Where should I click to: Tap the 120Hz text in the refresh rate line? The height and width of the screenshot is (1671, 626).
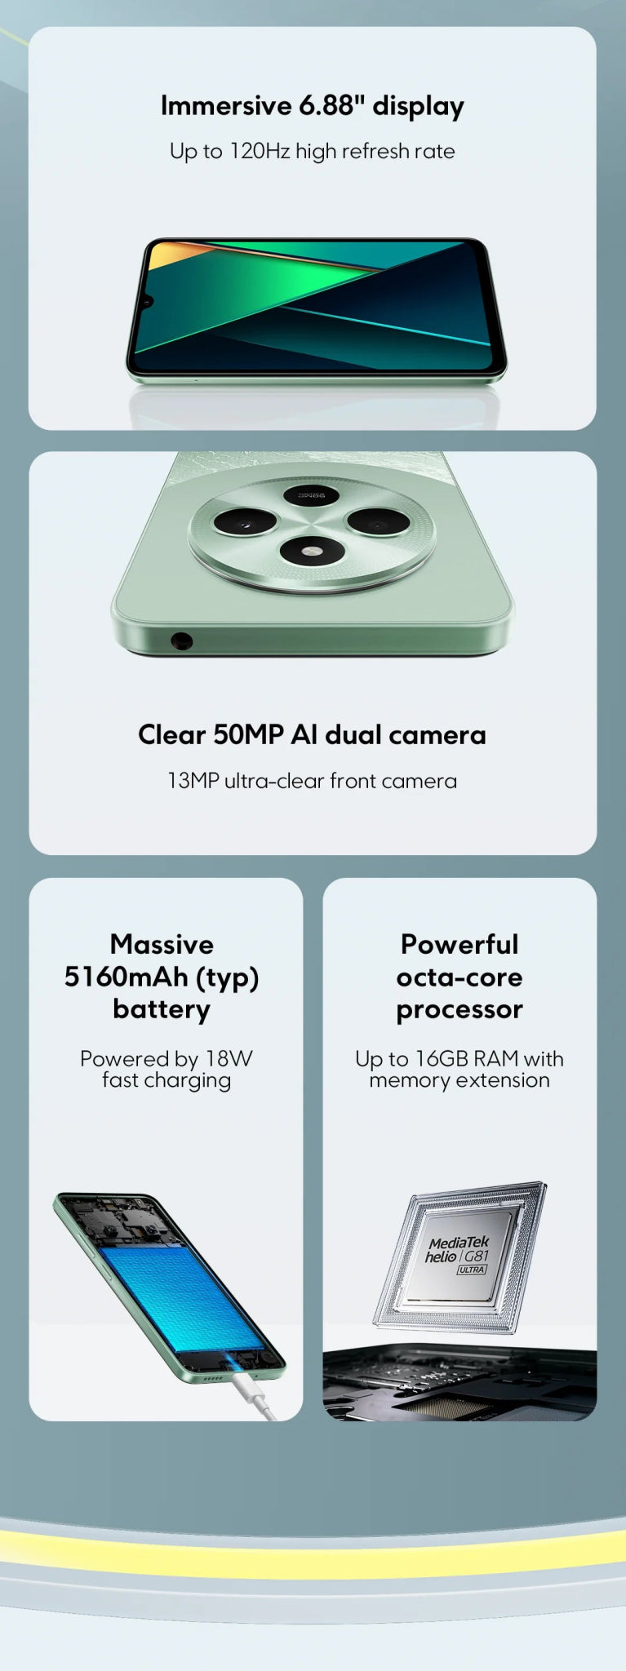(x=260, y=151)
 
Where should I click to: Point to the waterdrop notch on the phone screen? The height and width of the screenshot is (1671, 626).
(x=148, y=303)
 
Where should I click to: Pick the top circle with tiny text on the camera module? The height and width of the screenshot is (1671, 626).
(x=312, y=495)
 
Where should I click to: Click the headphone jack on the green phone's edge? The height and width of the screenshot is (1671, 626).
(x=181, y=641)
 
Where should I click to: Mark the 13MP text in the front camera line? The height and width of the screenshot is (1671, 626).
(x=193, y=781)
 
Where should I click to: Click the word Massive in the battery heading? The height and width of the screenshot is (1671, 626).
(x=162, y=944)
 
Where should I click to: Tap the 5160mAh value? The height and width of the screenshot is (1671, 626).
(x=126, y=977)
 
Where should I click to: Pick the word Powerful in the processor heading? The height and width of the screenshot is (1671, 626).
(x=460, y=944)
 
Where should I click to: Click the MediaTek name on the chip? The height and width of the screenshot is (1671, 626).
(x=460, y=1243)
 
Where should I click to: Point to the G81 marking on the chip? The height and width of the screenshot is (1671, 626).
(x=477, y=1257)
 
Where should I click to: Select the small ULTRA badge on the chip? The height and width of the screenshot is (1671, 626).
(x=472, y=1270)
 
